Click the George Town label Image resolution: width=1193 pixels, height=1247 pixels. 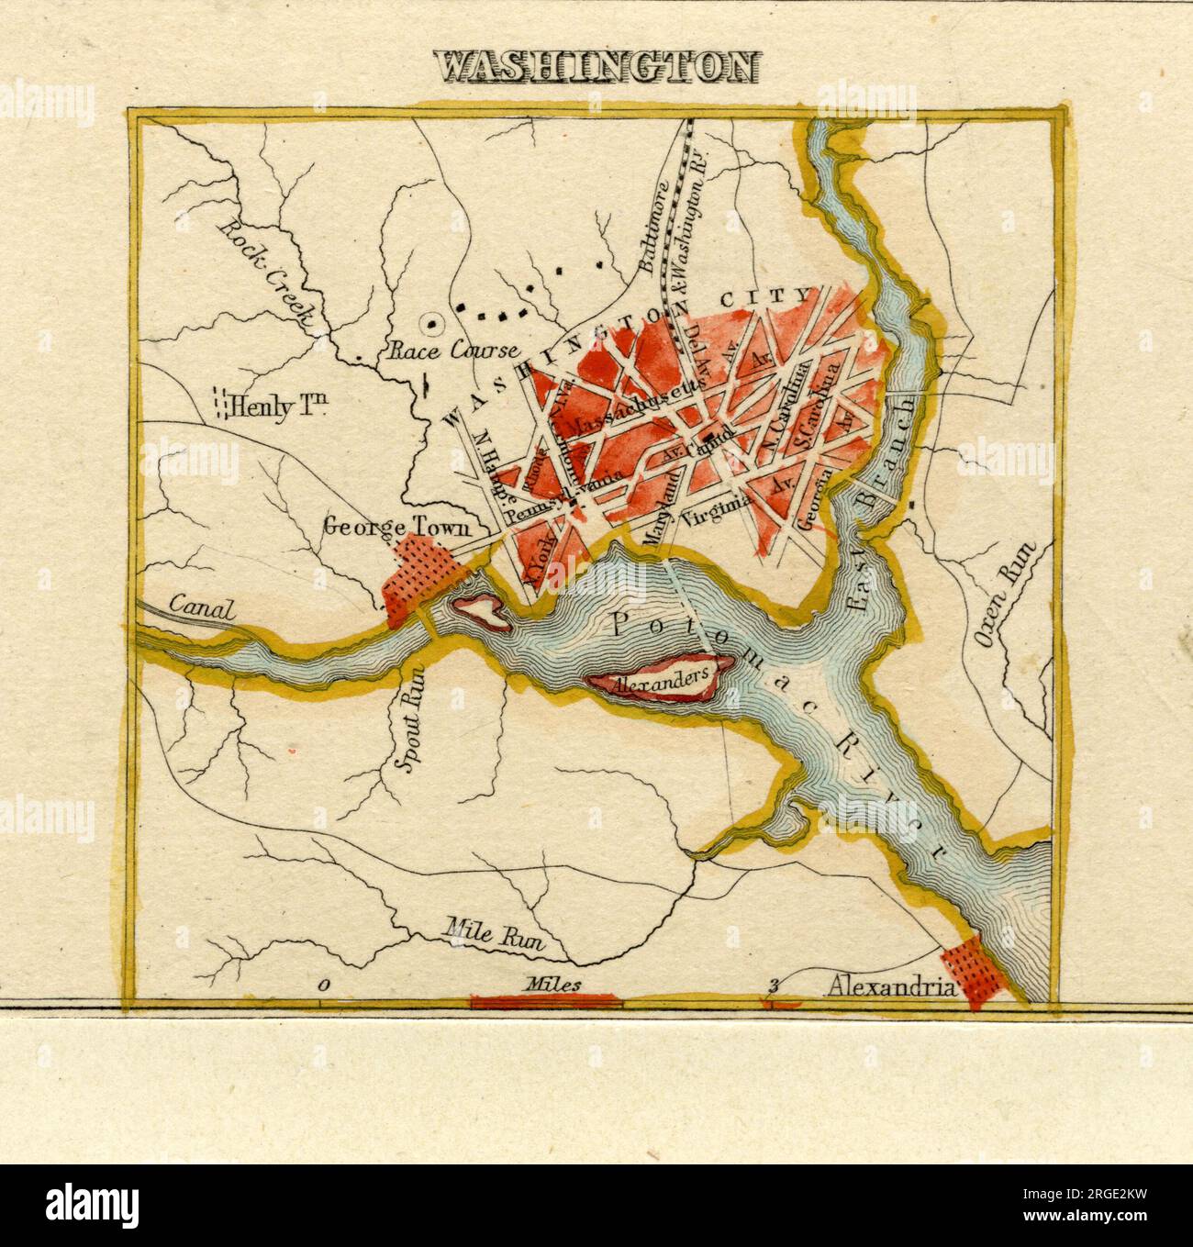tap(398, 527)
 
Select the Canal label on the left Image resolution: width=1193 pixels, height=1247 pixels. tap(202, 608)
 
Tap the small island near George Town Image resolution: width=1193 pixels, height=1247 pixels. tap(481, 610)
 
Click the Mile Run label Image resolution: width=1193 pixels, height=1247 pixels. tap(494, 934)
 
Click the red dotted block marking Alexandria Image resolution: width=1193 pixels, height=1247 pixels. tap(976, 974)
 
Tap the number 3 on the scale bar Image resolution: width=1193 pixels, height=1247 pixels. tap(774, 986)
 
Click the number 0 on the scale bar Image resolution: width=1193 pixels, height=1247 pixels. tap(324, 985)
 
